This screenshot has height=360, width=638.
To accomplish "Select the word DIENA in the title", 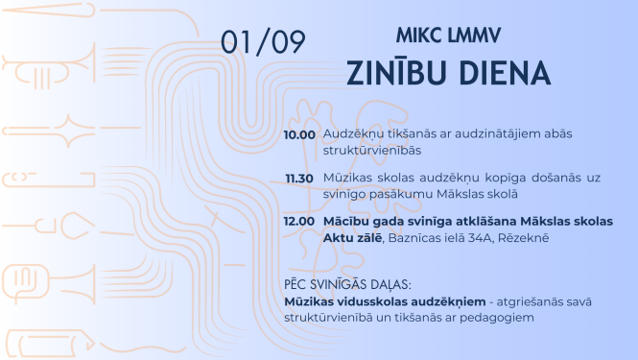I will point(501,73).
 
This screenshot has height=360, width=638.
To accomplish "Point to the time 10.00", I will point(299,134).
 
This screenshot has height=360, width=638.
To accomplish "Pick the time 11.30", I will point(299,179).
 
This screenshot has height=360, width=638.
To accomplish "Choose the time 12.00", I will point(299,222).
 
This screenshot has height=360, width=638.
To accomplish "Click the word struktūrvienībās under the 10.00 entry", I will point(367,151).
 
